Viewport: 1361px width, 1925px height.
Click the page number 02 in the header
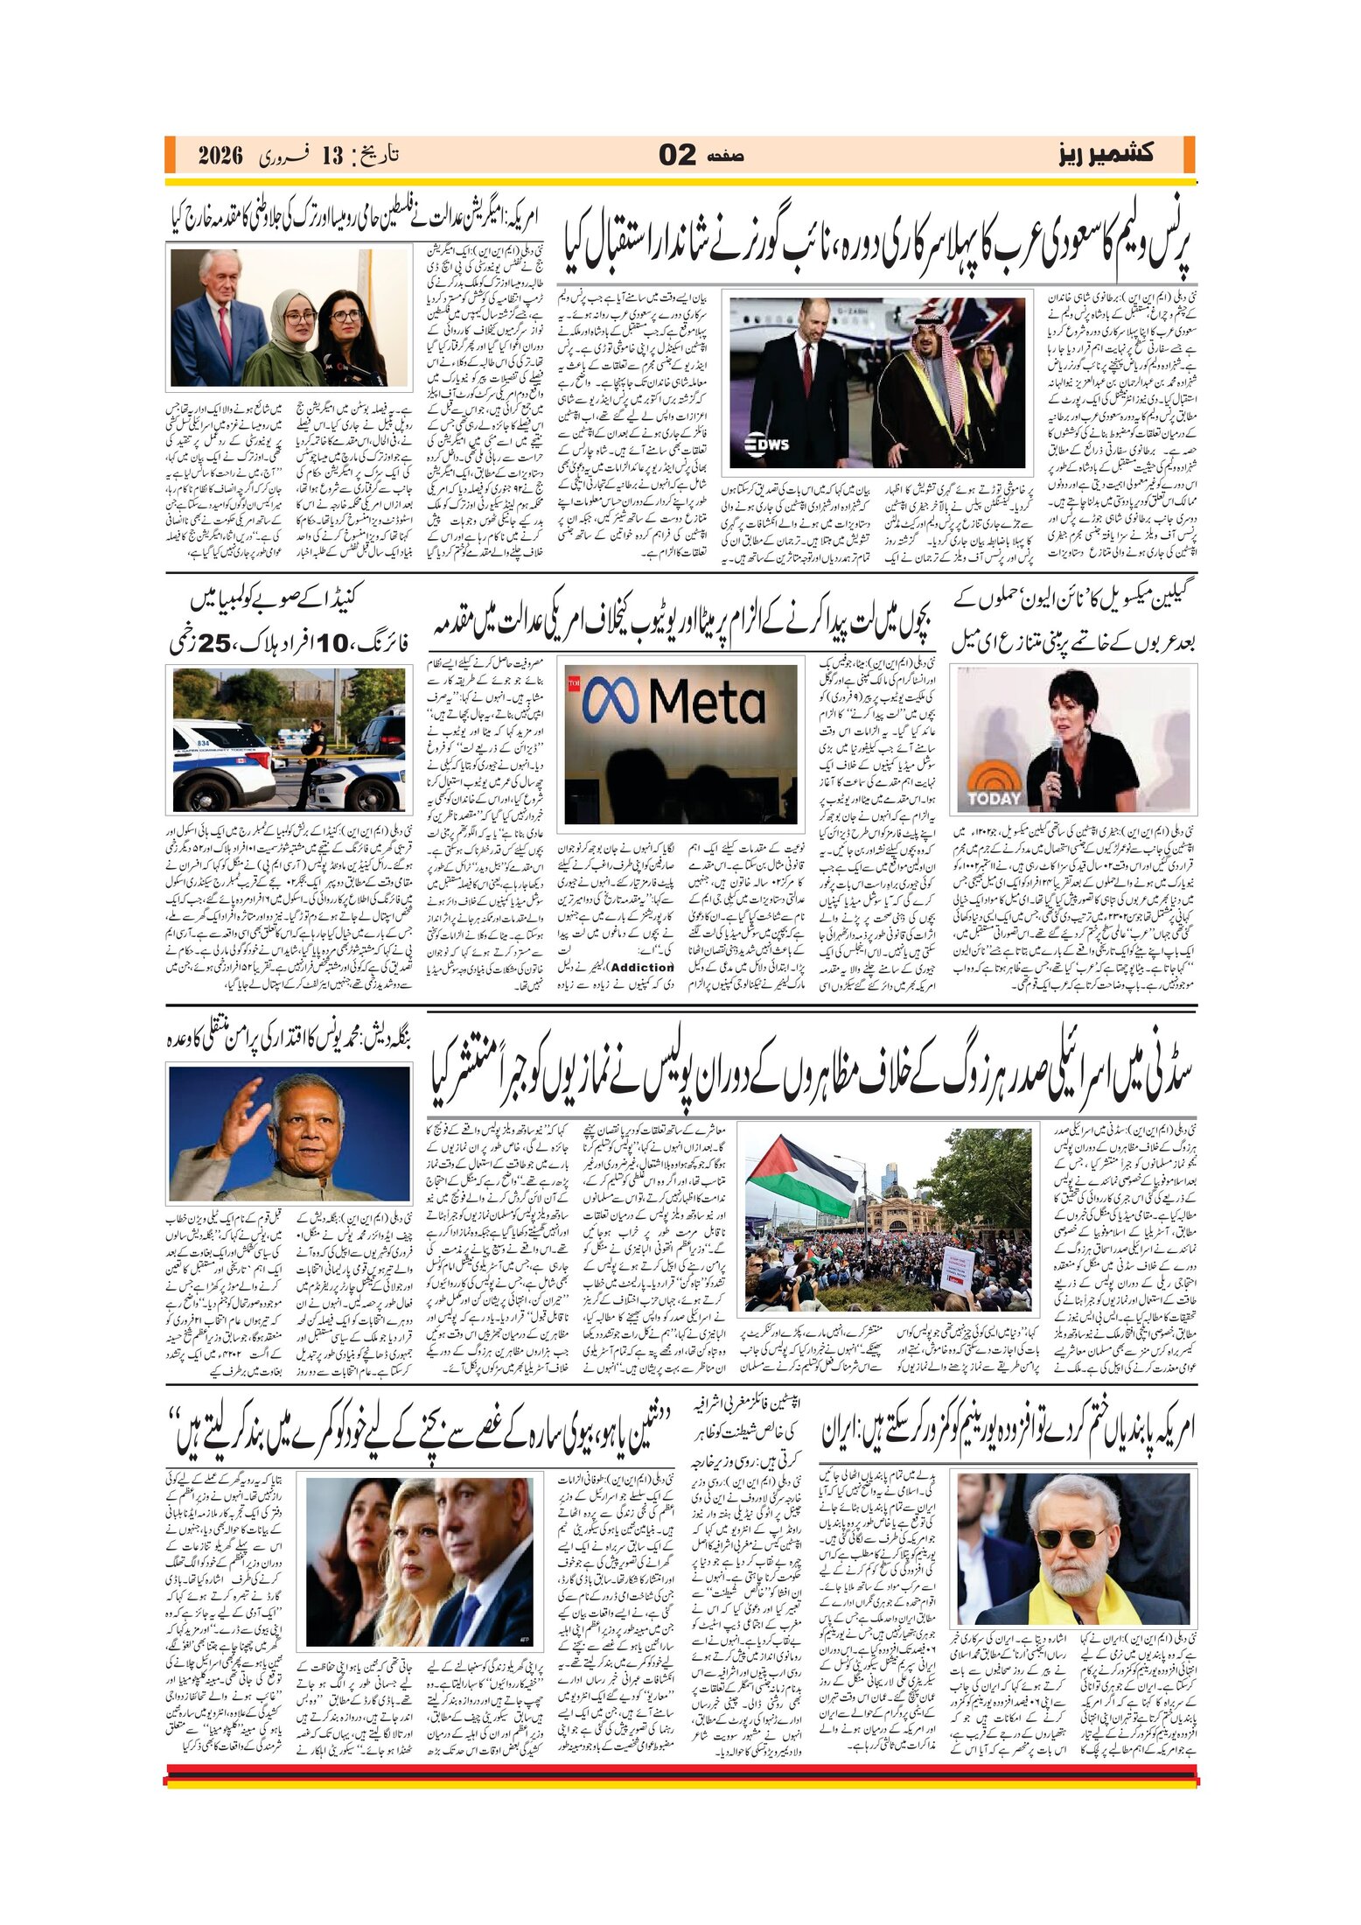(x=677, y=156)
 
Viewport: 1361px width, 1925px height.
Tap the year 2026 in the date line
(x=220, y=157)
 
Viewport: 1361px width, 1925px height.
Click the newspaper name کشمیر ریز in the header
(x=1106, y=155)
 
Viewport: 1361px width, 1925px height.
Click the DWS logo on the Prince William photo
(x=767, y=444)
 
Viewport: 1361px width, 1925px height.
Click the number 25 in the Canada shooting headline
(x=214, y=644)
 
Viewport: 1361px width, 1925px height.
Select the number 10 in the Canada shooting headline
(x=333, y=644)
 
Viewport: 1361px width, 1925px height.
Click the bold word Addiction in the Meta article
(x=642, y=967)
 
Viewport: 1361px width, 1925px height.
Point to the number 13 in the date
(x=332, y=157)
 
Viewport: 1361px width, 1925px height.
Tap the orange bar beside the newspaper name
(x=1189, y=155)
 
